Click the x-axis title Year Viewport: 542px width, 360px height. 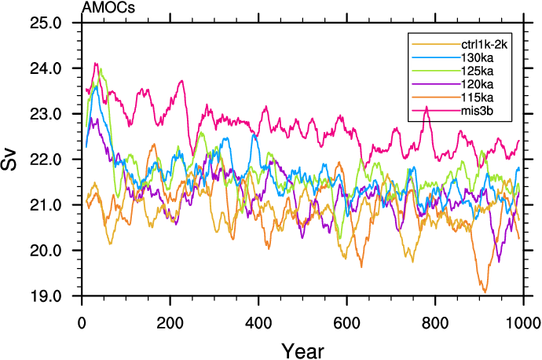pyautogui.click(x=302, y=347)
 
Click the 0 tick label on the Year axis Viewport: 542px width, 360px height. pyautogui.click(x=82, y=322)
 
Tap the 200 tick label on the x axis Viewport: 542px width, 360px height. pyautogui.click(x=170, y=322)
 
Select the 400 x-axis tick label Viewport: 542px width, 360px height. pyautogui.click(x=258, y=322)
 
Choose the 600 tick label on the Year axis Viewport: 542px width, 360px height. pyautogui.click(x=346, y=322)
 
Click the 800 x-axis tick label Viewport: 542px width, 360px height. pyautogui.click(x=434, y=322)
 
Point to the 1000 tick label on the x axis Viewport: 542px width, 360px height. pyautogui.click(x=522, y=322)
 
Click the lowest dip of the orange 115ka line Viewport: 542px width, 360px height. pyautogui.click(x=485, y=292)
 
